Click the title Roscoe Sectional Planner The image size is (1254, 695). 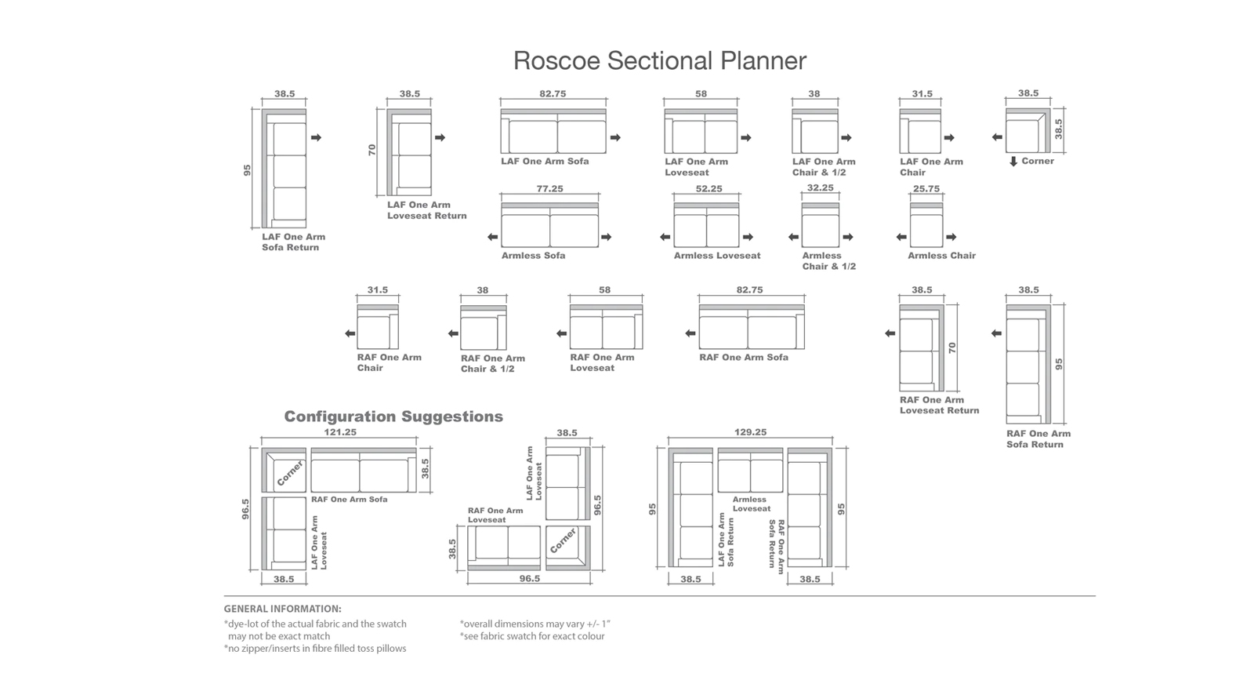pos(660,60)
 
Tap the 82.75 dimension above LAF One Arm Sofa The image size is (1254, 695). pos(553,93)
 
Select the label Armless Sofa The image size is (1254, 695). pos(533,256)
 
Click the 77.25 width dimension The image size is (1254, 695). pos(549,189)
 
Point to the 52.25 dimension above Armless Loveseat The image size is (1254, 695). pos(709,189)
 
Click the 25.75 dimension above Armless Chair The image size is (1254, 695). pos(926,189)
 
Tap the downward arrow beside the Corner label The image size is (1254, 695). pos(1013,162)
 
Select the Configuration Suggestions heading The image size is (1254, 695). pos(393,417)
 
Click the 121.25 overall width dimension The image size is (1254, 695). pos(340,432)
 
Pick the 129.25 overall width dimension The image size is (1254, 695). pos(751,432)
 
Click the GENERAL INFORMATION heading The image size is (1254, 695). pos(283,609)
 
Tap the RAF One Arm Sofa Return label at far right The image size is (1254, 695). pos(1038,438)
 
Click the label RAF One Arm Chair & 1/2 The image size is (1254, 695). pos(493,363)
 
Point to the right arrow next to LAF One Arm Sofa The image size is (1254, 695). pos(615,138)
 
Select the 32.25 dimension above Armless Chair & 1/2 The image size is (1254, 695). pos(820,187)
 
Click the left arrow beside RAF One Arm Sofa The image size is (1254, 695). pos(690,333)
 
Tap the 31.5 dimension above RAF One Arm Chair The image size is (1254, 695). pos(377,289)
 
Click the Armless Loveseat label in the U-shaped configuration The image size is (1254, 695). pos(752,504)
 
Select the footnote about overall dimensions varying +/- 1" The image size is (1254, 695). pos(535,624)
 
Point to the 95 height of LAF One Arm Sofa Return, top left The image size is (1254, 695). pos(247,170)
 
